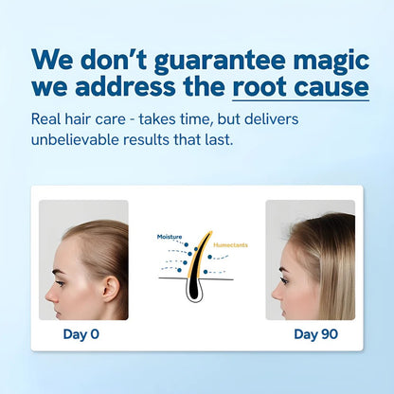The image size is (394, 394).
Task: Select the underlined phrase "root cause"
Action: (x=299, y=88)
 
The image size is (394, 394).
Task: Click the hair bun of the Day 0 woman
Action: (x=121, y=252)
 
